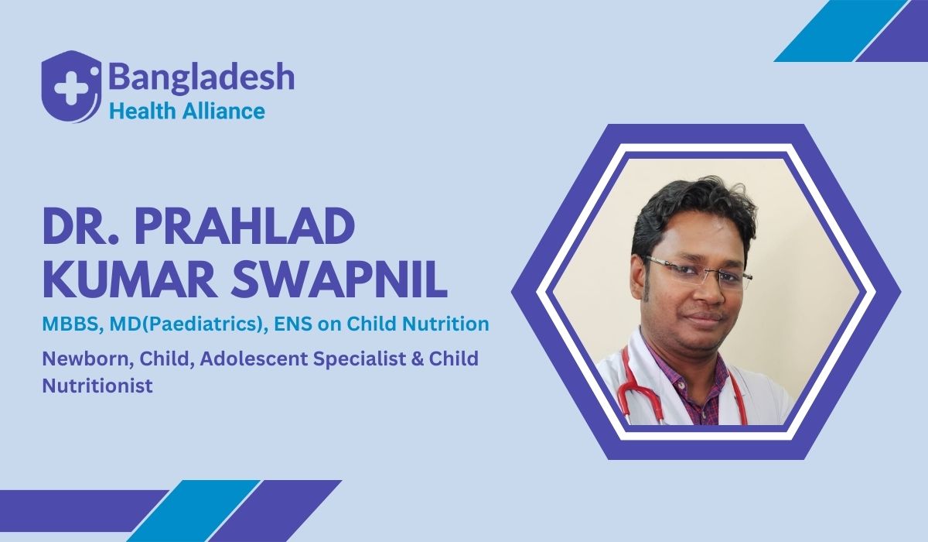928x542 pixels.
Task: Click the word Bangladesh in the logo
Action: pos(201,77)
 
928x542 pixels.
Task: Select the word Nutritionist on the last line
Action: pos(97,385)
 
